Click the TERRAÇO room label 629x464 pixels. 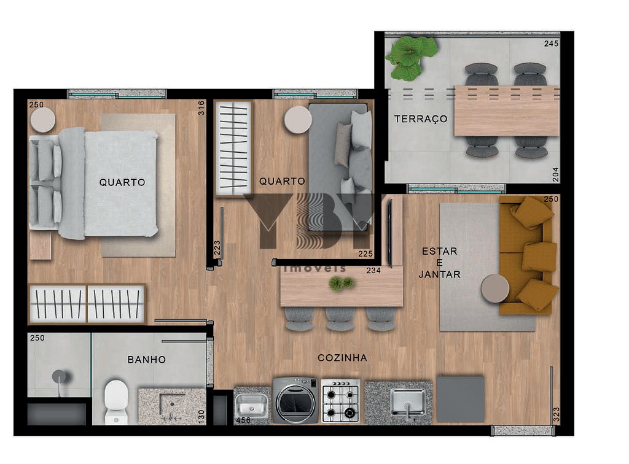(x=421, y=119)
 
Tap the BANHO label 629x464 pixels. (x=147, y=360)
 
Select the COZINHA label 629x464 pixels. (x=342, y=358)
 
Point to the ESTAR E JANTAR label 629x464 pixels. (x=439, y=263)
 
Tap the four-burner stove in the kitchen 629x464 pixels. (x=341, y=401)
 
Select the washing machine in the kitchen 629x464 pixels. (x=295, y=401)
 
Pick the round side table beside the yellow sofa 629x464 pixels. (x=494, y=288)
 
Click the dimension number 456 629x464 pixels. (x=244, y=420)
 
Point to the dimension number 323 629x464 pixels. (x=556, y=413)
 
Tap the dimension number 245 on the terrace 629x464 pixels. (x=551, y=44)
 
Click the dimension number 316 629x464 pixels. (x=201, y=108)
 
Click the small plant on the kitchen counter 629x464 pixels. (x=342, y=283)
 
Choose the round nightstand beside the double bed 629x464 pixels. (x=43, y=120)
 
